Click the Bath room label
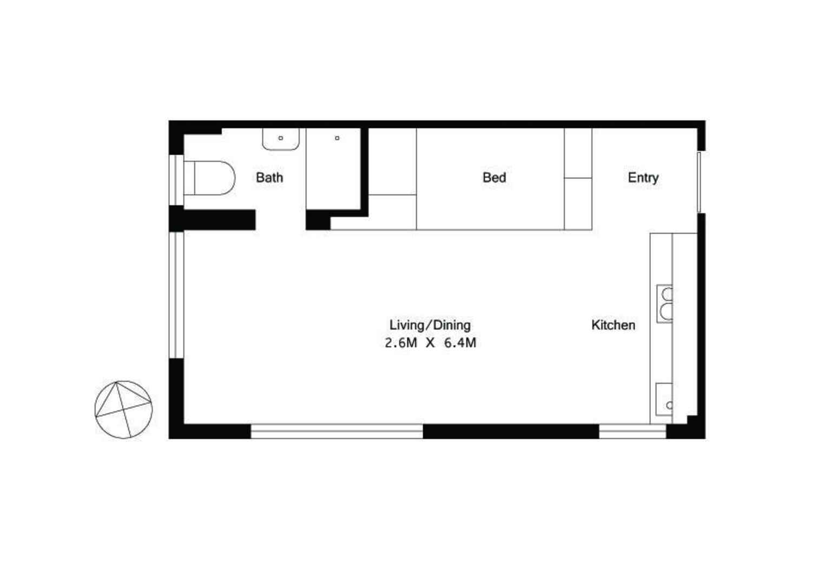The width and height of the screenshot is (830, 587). pyautogui.click(x=269, y=178)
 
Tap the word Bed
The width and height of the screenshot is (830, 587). pyautogui.click(x=494, y=178)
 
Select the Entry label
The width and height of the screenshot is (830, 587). pyautogui.click(x=643, y=178)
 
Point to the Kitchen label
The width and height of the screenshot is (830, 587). pyautogui.click(x=613, y=325)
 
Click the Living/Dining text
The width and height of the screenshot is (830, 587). pyautogui.click(x=430, y=325)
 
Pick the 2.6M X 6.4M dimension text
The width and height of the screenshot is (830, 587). pyautogui.click(x=430, y=343)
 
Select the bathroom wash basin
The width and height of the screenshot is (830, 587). pyautogui.click(x=281, y=139)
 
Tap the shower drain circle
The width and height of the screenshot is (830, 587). pyautogui.click(x=337, y=138)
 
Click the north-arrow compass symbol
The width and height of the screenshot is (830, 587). pyautogui.click(x=123, y=409)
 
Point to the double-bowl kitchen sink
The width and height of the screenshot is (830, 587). pyautogui.click(x=665, y=303)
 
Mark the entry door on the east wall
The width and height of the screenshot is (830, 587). pyautogui.click(x=699, y=182)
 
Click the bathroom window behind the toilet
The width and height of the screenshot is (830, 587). pyautogui.click(x=176, y=180)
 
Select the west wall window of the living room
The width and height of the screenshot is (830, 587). pyautogui.click(x=176, y=295)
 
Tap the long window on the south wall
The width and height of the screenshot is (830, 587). pyautogui.click(x=337, y=431)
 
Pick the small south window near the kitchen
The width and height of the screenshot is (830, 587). pyautogui.click(x=632, y=431)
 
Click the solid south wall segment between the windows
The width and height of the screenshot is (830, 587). pyautogui.click(x=511, y=431)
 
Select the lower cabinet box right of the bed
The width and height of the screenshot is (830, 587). pyautogui.click(x=578, y=204)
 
